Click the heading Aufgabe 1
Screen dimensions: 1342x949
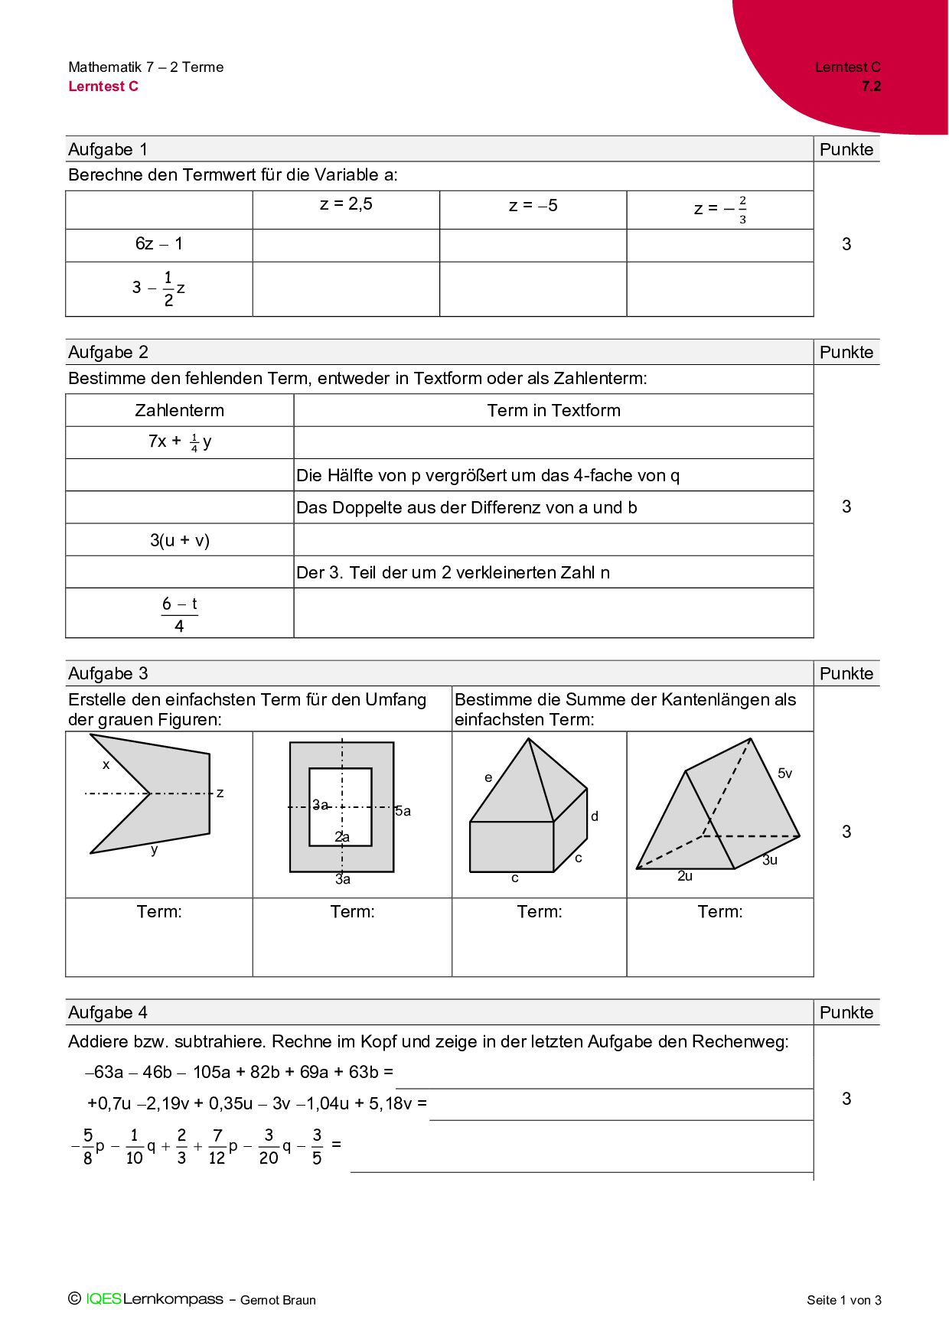click(x=108, y=149)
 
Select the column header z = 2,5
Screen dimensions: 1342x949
click(x=346, y=204)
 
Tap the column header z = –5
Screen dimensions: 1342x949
click(x=533, y=206)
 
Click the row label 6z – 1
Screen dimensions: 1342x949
click(x=158, y=244)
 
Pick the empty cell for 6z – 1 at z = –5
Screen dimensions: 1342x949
click(x=533, y=246)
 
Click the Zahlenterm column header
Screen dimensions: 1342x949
click(x=179, y=411)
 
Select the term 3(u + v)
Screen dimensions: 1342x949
click(x=179, y=541)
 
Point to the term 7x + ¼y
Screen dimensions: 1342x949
click(x=179, y=441)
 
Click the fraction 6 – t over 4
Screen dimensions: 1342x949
click(x=179, y=614)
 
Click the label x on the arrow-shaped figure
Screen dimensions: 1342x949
click(x=106, y=764)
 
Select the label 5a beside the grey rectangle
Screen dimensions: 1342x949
click(x=403, y=811)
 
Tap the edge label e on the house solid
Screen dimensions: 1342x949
click(x=488, y=777)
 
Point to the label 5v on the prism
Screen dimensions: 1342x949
click(x=784, y=774)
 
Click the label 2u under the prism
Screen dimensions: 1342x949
click(x=685, y=876)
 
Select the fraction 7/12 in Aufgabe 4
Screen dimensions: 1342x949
click(x=217, y=1146)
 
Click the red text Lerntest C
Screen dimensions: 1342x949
click(x=103, y=86)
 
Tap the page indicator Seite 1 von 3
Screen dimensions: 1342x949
click(x=843, y=1300)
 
